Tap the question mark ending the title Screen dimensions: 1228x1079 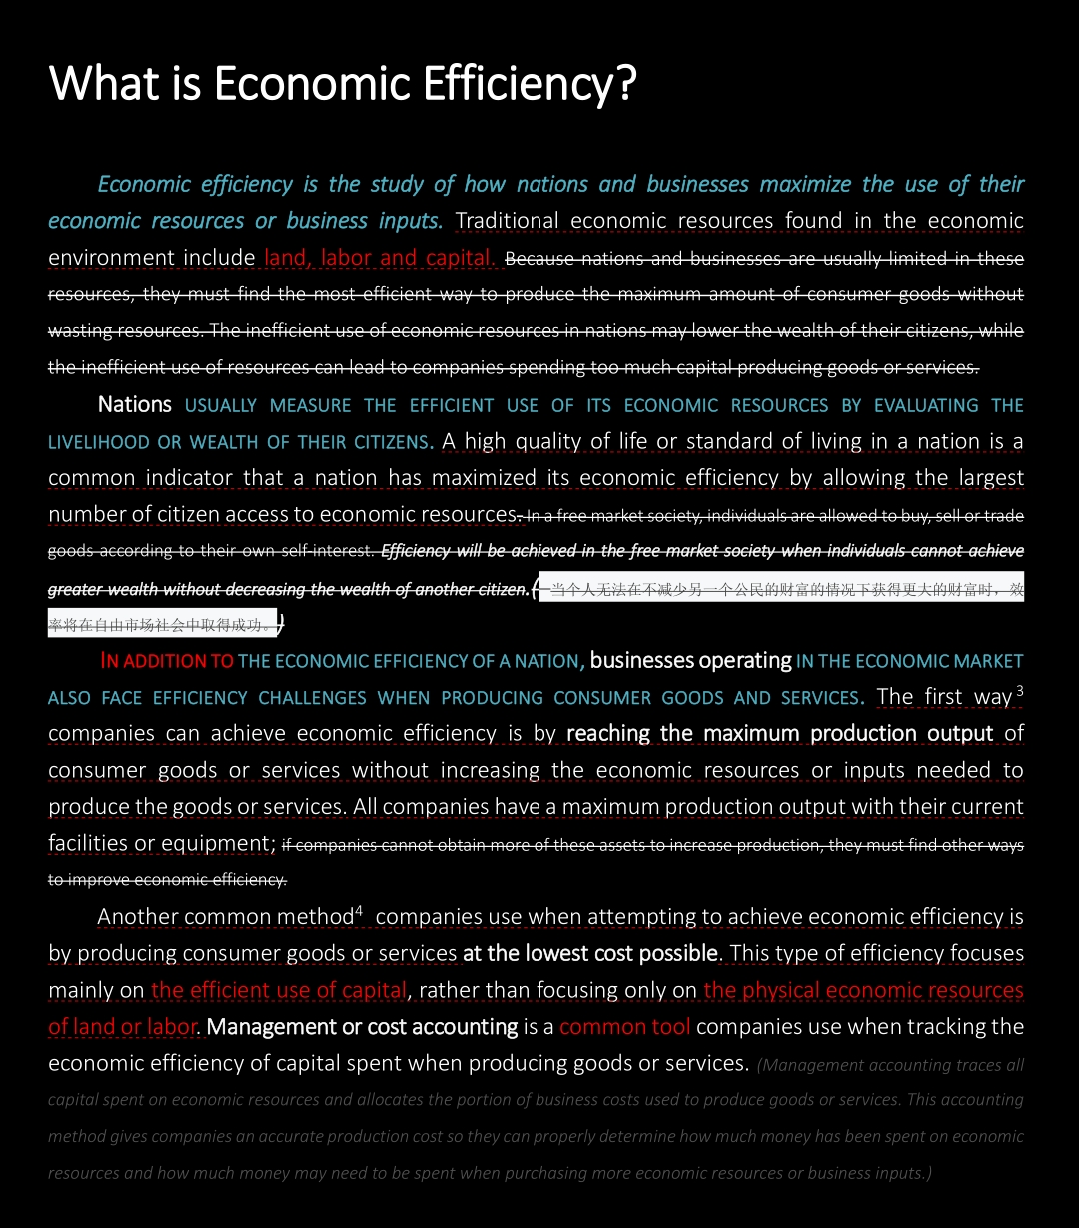pyautogui.click(x=626, y=83)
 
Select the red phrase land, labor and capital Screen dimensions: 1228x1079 pyautogui.click(x=380, y=258)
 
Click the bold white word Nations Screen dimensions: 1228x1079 pyautogui.click(x=135, y=405)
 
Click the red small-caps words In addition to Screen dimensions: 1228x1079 pyautogui.click(x=168, y=661)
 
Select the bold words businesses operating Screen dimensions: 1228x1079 pyautogui.click(x=690, y=661)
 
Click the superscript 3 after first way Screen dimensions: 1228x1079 pyautogui.click(x=1019, y=690)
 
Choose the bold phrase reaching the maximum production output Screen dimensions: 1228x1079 pyautogui.click(x=779, y=734)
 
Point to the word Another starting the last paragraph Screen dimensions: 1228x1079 pyautogui.click(x=138, y=917)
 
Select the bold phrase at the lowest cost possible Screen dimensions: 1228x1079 pyautogui.click(x=589, y=954)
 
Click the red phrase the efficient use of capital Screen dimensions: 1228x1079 pyautogui.click(x=279, y=991)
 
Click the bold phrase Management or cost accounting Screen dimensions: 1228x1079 pyautogui.click(x=362, y=1027)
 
